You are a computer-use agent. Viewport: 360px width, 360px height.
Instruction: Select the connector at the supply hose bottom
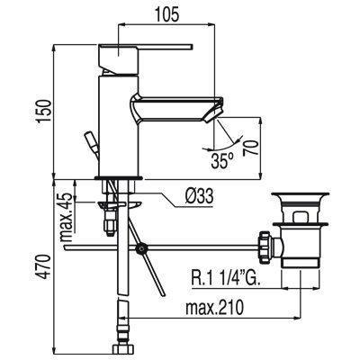122,347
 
